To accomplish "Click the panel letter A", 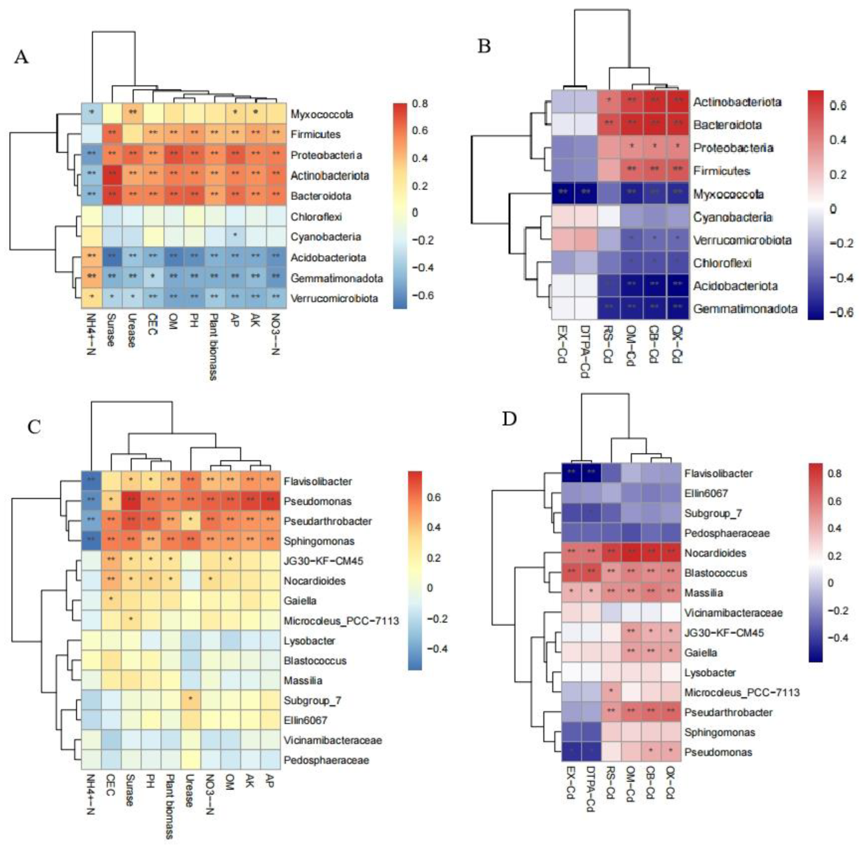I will (x=21, y=57).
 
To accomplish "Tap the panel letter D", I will (x=509, y=419).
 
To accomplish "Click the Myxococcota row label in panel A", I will (x=322, y=114).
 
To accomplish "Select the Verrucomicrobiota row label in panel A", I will (x=334, y=298).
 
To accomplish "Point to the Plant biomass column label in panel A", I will (x=213, y=351).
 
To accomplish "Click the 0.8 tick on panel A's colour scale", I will (x=419, y=104).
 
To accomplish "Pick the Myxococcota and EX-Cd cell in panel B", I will (x=563, y=194).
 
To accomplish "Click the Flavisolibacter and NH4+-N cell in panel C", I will (x=92, y=481).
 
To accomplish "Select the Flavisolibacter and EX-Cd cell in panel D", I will (x=571, y=474).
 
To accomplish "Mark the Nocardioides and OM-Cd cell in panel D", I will (x=631, y=553).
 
